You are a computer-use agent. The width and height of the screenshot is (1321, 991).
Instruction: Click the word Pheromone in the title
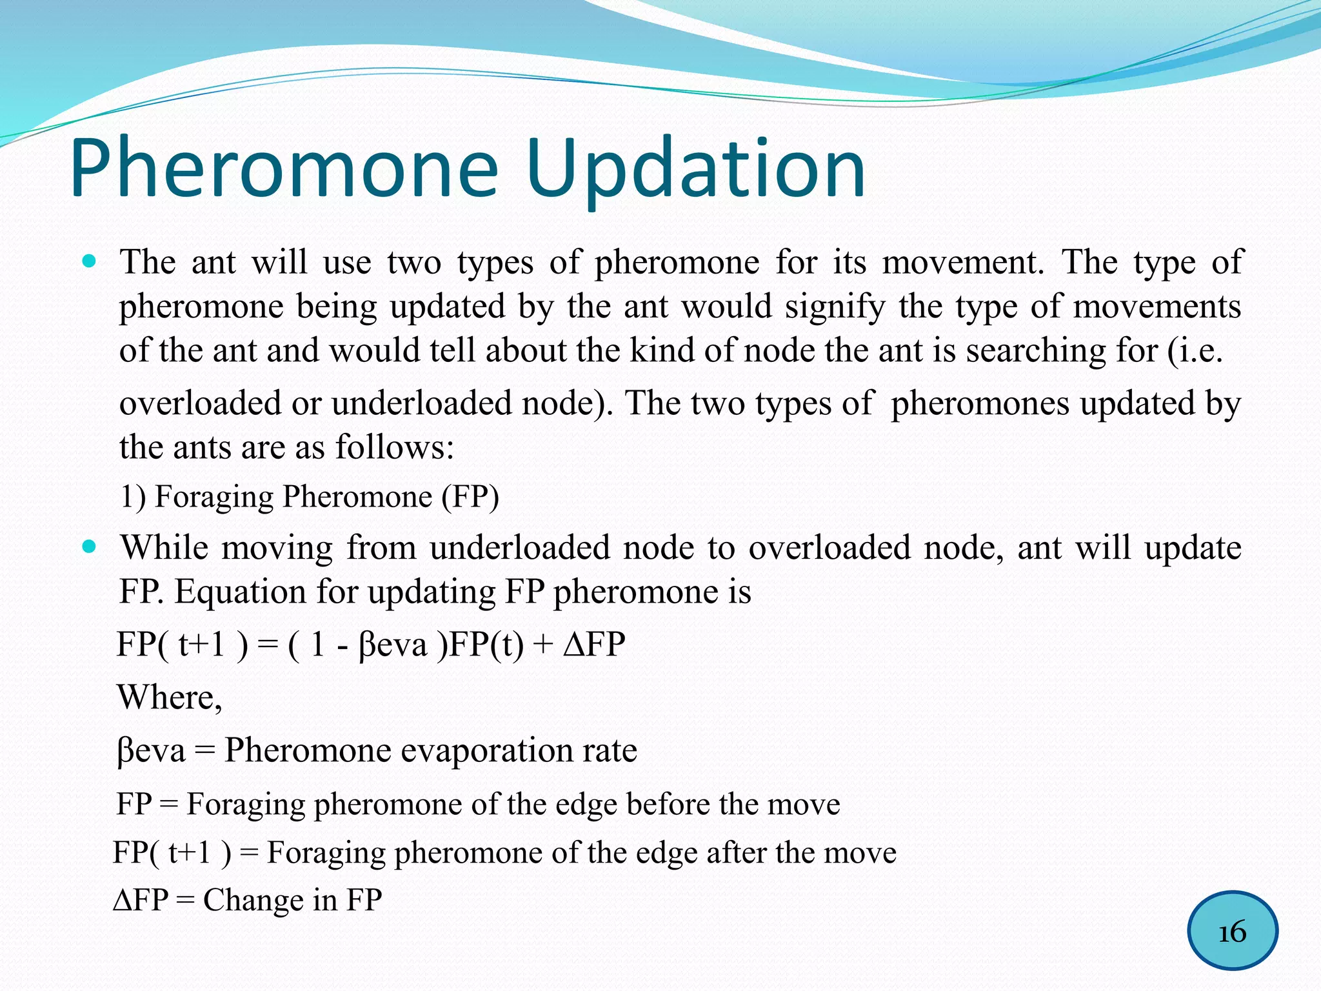pyautogui.click(x=284, y=169)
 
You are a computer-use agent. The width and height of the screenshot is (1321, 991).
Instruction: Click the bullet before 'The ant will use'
pyautogui.click(x=90, y=263)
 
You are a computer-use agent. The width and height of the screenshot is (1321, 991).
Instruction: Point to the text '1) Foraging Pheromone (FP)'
pyautogui.click(x=310, y=497)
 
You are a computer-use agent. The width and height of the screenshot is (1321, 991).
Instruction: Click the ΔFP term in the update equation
pyautogui.click(x=594, y=644)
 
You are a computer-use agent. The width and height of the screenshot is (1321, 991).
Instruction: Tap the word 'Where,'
pyautogui.click(x=170, y=697)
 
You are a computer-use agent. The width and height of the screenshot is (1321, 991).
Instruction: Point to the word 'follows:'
pyautogui.click(x=394, y=446)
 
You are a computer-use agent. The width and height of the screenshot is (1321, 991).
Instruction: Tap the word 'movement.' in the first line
pyautogui.click(x=963, y=263)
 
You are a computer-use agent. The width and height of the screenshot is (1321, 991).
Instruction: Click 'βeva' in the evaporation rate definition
pyautogui.click(x=151, y=750)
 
